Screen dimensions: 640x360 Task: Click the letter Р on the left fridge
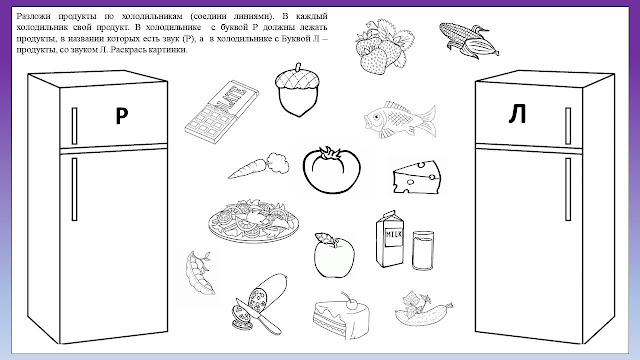click(122, 116)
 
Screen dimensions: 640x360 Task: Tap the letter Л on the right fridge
click(518, 114)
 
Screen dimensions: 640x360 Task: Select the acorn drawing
click(297, 90)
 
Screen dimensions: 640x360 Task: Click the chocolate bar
click(221, 111)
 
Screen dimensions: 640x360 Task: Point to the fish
click(400, 119)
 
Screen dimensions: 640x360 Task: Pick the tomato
click(331, 170)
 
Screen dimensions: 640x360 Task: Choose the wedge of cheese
click(417, 176)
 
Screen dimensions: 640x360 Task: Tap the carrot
click(258, 166)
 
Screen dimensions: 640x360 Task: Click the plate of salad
click(253, 221)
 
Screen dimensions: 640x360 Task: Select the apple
click(334, 256)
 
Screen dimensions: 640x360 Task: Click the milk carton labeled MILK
click(390, 239)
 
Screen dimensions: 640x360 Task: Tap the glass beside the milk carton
click(423, 250)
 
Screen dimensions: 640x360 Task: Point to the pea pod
click(199, 272)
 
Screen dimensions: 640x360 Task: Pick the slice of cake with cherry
click(341, 316)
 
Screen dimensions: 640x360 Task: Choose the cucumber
click(423, 309)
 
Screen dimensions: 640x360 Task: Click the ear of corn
click(469, 39)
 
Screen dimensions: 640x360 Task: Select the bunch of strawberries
click(384, 47)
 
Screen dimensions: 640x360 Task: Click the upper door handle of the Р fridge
click(74, 126)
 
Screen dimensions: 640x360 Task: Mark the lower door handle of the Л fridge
click(568, 189)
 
